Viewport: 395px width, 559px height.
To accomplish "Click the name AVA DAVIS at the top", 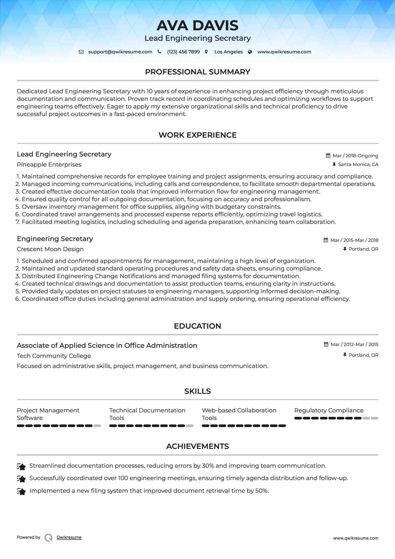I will [197, 26].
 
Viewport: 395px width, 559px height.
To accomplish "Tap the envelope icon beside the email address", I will [81, 52].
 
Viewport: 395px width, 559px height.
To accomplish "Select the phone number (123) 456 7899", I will [183, 52].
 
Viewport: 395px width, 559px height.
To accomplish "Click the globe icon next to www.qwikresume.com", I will [250, 52].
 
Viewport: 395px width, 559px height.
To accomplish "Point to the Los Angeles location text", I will [228, 52].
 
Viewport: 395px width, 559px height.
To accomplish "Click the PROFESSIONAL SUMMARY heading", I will [197, 72].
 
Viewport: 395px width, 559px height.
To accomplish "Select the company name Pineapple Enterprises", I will [49, 165].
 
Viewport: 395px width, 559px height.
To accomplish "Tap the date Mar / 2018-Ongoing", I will [355, 156].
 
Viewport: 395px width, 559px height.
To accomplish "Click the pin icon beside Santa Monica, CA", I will [334, 164].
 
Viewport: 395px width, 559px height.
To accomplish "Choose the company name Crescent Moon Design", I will [50, 249].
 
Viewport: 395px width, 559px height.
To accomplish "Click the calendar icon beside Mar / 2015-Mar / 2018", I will [326, 240].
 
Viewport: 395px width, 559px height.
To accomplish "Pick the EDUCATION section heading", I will [197, 326].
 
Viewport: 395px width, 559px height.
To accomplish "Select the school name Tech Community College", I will [54, 356].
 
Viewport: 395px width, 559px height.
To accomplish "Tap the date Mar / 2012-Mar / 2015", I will [354, 344].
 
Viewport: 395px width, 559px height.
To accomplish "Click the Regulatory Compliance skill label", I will [329, 410].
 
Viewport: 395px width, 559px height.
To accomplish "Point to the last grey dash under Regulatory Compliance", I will [375, 418].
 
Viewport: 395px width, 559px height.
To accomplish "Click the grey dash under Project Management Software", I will [97, 426].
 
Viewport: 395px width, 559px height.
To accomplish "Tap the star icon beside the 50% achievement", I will [21, 492].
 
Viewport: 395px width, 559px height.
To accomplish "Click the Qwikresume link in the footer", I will [69, 537].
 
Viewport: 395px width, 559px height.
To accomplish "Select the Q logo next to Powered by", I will [49, 538].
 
